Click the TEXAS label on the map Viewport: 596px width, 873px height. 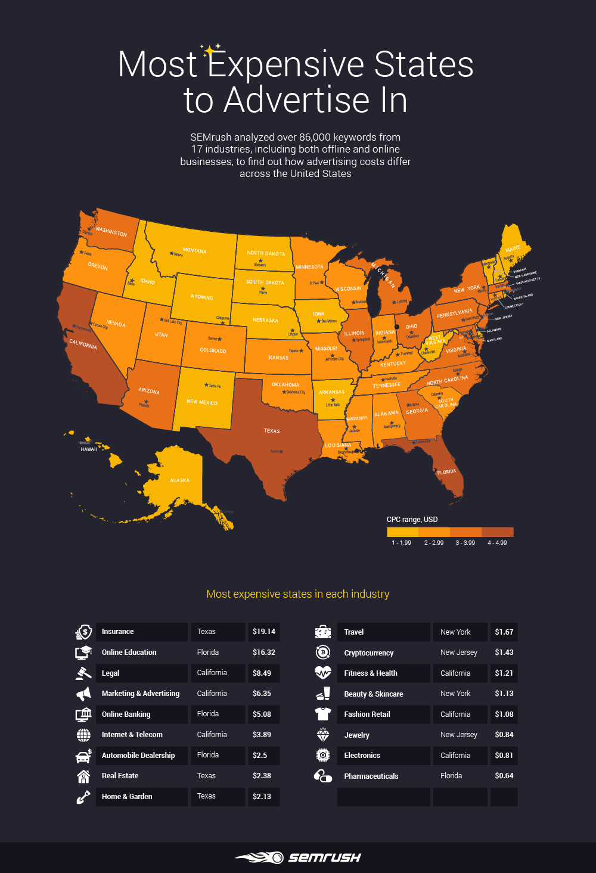272,431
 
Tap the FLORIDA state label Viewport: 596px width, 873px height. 446,472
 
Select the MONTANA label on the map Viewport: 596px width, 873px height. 194,251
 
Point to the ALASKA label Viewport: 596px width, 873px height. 179,480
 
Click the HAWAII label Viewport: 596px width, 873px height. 89,449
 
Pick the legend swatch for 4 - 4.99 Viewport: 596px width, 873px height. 497,532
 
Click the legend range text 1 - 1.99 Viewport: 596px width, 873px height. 401,543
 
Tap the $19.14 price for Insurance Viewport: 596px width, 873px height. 263,632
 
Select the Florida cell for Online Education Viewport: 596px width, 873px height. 208,653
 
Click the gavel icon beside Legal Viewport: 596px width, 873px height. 83,673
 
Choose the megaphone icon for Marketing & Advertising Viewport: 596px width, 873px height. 83,694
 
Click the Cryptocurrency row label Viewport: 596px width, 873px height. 368,653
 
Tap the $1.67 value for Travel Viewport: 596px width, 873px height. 504,632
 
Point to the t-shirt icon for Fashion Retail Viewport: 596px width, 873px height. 322,714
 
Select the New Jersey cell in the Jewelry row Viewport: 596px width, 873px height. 458,735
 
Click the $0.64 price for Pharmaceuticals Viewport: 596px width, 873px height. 504,776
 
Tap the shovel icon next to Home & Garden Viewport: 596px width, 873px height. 83,797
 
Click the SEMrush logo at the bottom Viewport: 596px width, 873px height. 298,858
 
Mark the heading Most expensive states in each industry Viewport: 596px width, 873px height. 297,594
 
